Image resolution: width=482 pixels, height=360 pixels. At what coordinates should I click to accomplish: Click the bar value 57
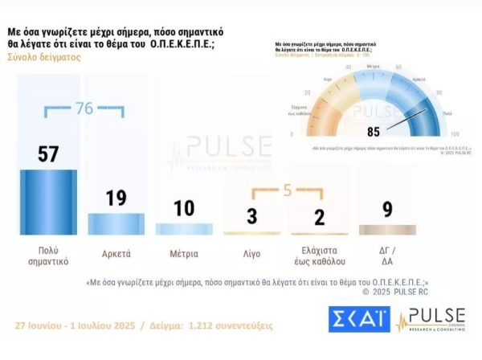48,153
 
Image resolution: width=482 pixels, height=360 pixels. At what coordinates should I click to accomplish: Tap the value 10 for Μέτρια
184,208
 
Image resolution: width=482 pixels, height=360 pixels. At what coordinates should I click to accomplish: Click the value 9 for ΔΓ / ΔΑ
387,211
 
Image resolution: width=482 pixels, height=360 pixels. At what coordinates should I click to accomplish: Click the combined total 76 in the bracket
84,108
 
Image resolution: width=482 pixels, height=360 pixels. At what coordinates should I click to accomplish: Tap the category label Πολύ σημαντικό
48,256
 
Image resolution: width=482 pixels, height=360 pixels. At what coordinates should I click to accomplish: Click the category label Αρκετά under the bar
116,251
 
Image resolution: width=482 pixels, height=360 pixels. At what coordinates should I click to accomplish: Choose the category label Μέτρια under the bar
184,251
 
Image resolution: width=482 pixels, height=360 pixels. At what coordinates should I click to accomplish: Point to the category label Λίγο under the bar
252,251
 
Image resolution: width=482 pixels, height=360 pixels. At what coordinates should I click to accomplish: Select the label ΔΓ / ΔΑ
387,256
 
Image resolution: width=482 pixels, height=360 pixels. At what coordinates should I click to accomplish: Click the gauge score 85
373,131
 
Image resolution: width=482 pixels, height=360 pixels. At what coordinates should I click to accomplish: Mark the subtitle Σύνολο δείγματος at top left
43,57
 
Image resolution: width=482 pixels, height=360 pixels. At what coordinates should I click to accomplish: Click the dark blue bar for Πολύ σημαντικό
48,202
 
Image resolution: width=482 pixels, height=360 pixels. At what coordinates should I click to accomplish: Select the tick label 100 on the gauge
455,134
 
